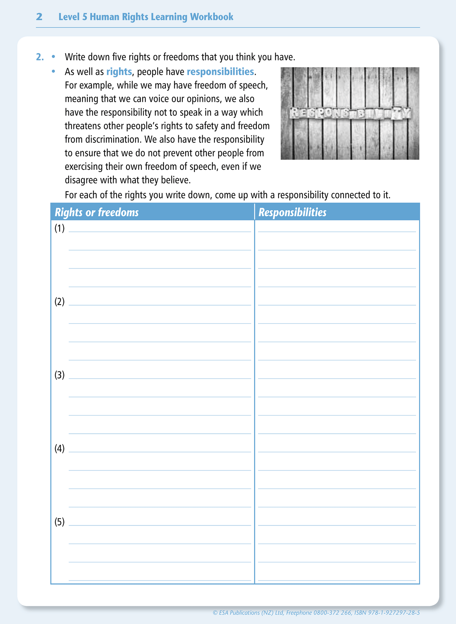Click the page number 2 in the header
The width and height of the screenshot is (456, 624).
point(39,17)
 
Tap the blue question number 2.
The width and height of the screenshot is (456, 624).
point(40,57)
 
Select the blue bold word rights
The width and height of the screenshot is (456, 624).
point(119,72)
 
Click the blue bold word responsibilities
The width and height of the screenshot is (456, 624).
point(220,72)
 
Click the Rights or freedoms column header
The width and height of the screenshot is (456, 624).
point(97,212)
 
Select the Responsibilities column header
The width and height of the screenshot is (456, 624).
point(293,212)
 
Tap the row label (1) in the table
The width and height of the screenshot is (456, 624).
point(59,228)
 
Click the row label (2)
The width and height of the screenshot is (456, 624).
point(59,302)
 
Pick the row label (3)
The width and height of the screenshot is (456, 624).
point(59,375)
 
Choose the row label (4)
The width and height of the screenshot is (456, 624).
point(59,449)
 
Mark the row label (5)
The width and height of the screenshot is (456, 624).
point(59,522)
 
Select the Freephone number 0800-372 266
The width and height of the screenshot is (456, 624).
point(332,613)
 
